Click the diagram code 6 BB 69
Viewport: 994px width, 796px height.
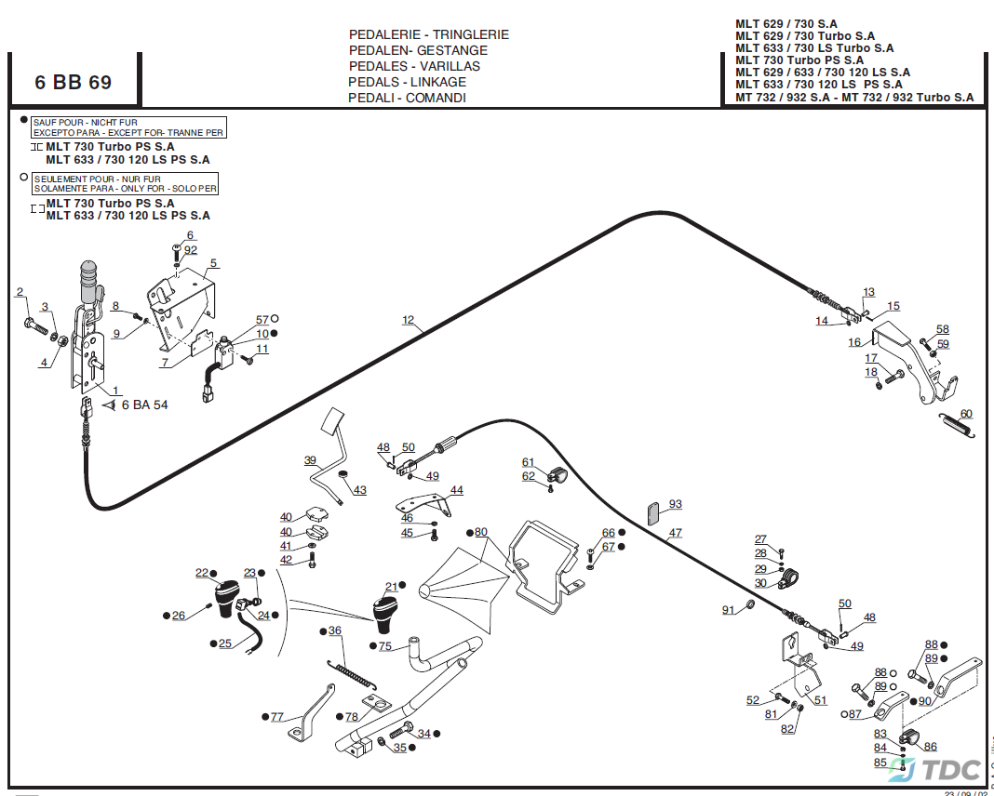pos(74,82)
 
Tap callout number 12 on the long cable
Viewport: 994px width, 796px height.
pos(408,321)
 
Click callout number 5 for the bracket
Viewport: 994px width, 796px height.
pos(213,263)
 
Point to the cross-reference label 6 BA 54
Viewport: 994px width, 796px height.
pos(145,405)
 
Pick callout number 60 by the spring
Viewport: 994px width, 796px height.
pos(966,414)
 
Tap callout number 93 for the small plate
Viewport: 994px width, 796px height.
pos(675,504)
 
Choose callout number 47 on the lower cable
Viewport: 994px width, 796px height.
pos(675,534)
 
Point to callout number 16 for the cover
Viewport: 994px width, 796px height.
pos(854,342)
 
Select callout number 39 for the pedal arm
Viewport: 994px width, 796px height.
pos(310,460)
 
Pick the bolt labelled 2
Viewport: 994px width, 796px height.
pos(34,325)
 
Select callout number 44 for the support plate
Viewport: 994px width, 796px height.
pos(456,490)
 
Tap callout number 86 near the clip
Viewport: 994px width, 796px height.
pos(930,747)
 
